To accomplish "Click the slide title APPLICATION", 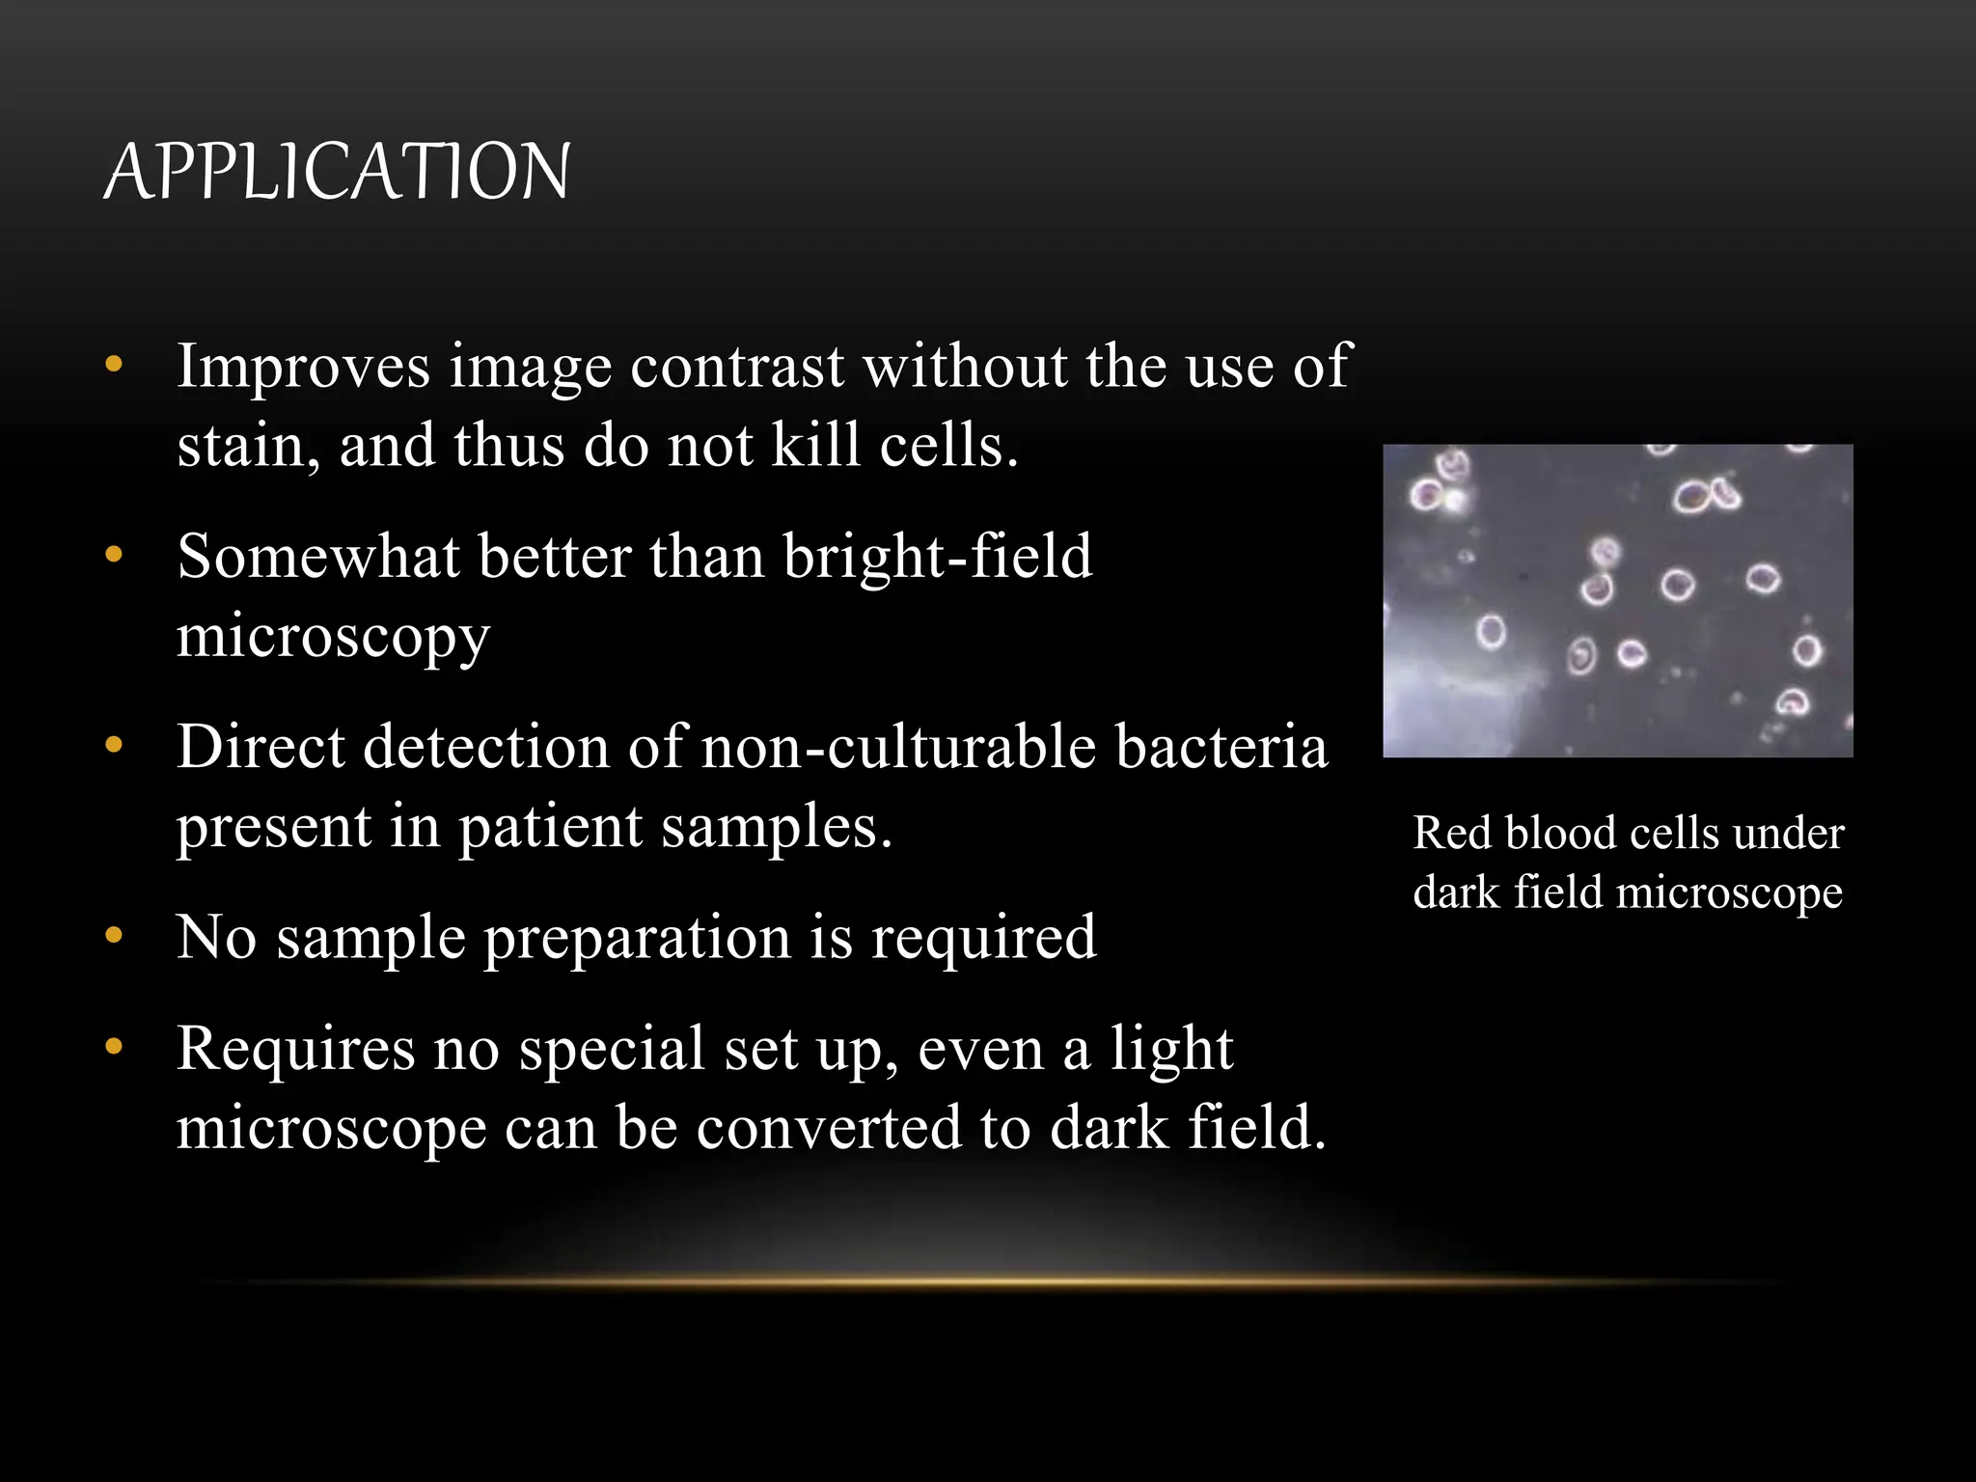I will pos(337,172).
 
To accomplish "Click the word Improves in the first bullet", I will pos(303,368).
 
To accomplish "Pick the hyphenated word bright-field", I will pos(937,558).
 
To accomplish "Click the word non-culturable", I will pos(898,748).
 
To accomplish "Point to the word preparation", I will pos(637,938).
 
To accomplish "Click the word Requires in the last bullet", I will pos(295,1050).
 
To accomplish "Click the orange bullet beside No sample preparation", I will pos(114,935).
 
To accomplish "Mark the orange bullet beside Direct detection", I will pos(114,745).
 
